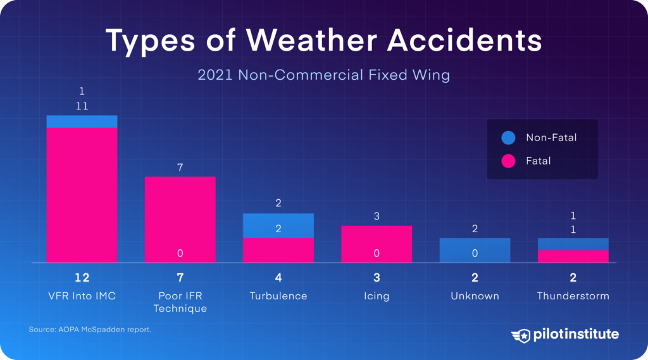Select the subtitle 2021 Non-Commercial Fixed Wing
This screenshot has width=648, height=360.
[x=323, y=75]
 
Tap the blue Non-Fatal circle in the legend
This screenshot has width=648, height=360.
[x=508, y=137]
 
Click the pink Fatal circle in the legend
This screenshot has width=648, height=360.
[x=508, y=161]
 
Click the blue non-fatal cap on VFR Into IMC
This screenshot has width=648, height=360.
[x=82, y=121]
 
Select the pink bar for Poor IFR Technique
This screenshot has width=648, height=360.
[x=180, y=215]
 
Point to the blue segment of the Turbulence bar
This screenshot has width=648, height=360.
[x=278, y=221]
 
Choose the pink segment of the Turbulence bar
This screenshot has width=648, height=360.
[x=278, y=250]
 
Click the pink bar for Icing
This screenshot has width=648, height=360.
[x=377, y=240]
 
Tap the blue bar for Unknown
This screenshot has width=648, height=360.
[x=475, y=250]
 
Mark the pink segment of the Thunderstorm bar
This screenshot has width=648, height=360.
[x=573, y=256]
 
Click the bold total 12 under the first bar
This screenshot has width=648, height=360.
[x=82, y=278]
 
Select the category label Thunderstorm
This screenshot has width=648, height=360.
[x=573, y=296]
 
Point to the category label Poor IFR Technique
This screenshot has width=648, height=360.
[x=180, y=302]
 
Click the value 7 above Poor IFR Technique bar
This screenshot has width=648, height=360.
[x=180, y=168]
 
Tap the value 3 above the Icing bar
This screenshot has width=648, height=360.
[x=377, y=216]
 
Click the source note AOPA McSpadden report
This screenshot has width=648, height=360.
[x=89, y=330]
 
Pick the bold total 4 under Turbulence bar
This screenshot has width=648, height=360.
[x=278, y=278]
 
